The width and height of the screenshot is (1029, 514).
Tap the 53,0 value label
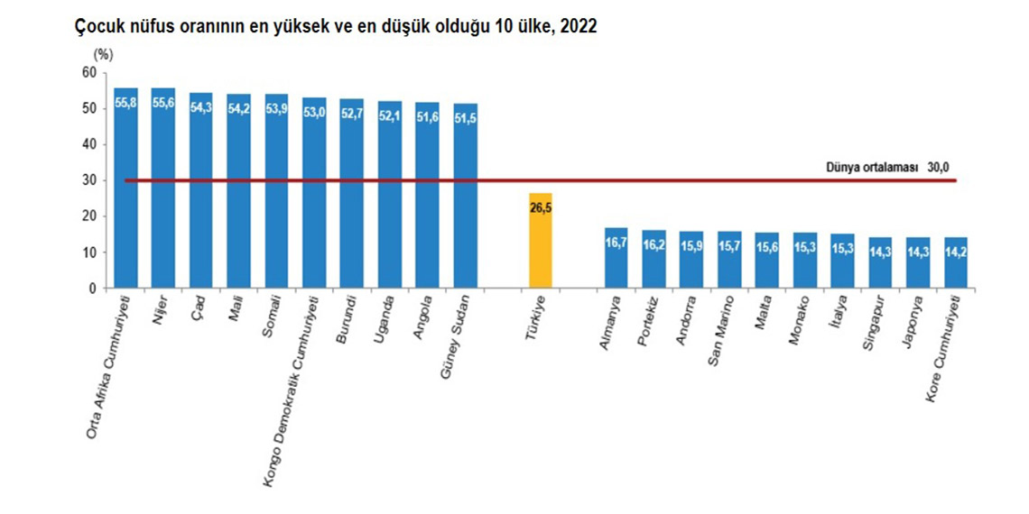[315, 113]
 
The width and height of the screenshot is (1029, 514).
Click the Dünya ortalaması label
[871, 168]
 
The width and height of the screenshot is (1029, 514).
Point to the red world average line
[722, 180]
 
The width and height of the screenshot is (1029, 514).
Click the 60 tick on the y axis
[87, 73]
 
